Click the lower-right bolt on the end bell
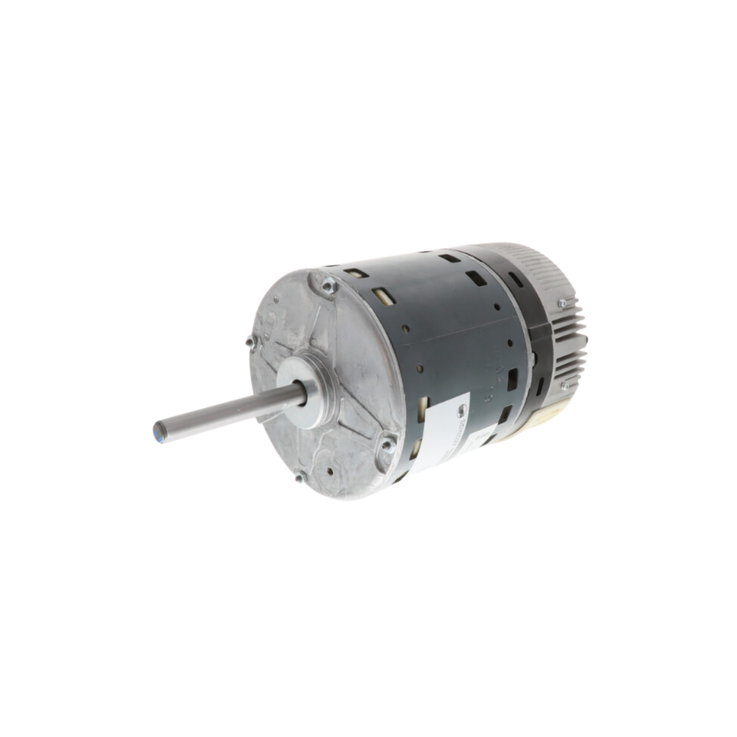coord(388,445)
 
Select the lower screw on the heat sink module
coord(565,386)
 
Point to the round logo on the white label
coord(460,407)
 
